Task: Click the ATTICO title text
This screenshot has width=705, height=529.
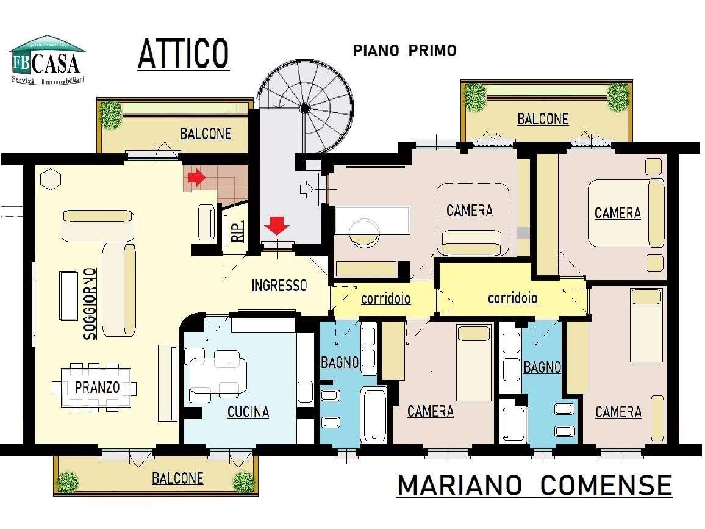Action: (x=183, y=53)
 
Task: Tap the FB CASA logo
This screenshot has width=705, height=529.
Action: (x=46, y=60)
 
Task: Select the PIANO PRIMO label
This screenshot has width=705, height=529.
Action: (x=404, y=51)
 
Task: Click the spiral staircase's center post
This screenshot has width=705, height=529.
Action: (x=304, y=108)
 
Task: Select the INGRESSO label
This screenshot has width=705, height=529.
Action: (x=279, y=285)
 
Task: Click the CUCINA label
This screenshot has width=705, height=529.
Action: (x=248, y=412)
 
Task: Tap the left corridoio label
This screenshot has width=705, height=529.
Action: (x=385, y=299)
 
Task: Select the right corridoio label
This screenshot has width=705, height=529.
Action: (x=512, y=298)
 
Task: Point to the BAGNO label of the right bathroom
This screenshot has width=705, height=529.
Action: (x=542, y=367)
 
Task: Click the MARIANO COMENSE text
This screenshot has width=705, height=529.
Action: (x=534, y=486)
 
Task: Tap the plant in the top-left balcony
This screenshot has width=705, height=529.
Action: (x=112, y=114)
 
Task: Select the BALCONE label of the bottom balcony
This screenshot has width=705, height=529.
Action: (x=177, y=478)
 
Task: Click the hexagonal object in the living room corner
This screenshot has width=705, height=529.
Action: (x=51, y=179)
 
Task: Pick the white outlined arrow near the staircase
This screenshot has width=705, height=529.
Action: (x=307, y=190)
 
